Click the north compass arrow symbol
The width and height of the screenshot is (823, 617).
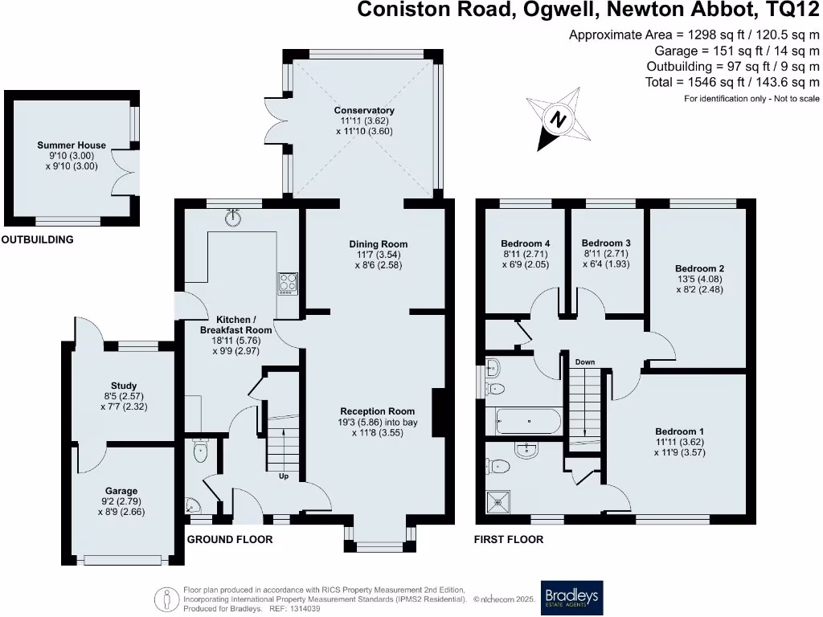[557, 119]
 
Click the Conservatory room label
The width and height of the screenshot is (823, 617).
[364, 110]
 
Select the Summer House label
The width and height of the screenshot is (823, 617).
[72, 145]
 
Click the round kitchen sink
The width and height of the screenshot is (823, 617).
[235, 218]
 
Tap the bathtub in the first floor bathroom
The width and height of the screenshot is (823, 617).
[526, 420]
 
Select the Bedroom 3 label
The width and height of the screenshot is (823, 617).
[606, 243]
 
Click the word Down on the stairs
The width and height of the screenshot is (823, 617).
[584, 362]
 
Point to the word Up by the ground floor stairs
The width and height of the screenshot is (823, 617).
[284, 476]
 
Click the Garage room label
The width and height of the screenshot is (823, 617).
[121, 491]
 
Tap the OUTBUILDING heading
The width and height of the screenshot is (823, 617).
[38, 239]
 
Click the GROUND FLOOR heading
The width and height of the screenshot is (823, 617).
[230, 540]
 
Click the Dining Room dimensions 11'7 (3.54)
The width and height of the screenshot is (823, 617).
[378, 254]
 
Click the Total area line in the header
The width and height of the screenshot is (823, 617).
[732, 82]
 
